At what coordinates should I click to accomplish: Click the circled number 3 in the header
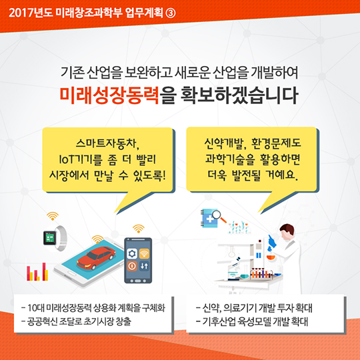[x=171, y=13]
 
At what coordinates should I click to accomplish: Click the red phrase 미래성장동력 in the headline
[x=109, y=95]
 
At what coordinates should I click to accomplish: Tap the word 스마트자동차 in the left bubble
[x=106, y=143]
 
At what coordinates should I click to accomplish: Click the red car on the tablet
[x=96, y=258]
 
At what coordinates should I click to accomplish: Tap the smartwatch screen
[x=49, y=237]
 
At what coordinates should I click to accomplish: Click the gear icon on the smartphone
[x=132, y=253]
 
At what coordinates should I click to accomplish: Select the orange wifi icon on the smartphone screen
[x=144, y=253]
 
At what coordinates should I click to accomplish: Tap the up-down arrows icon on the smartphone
[x=144, y=266]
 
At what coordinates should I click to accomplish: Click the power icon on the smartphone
[x=132, y=266]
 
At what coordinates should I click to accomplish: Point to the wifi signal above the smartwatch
[x=53, y=216]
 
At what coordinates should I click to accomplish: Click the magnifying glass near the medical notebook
[x=219, y=217]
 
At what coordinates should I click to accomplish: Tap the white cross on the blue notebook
[x=210, y=219]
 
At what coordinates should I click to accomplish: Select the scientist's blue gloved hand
[x=272, y=241]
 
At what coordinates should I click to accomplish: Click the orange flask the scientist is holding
[x=271, y=257]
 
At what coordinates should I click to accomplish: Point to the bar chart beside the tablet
[x=37, y=272]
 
